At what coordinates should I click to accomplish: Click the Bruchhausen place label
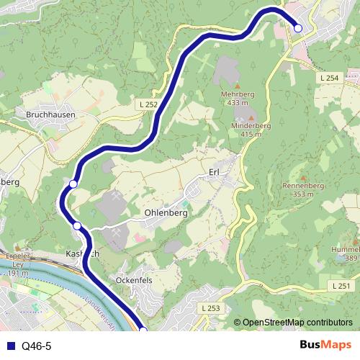point(50,114)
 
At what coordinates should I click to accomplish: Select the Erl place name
point(213,172)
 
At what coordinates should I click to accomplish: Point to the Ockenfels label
point(135,279)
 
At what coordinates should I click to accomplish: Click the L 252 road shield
point(147,104)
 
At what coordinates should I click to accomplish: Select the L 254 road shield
point(328,78)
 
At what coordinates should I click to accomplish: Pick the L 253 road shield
point(210,308)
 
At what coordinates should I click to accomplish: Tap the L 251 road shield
point(342,286)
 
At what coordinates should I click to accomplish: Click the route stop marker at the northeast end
point(298,28)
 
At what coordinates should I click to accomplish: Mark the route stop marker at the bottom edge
point(143,330)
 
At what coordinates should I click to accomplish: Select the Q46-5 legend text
point(36,346)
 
